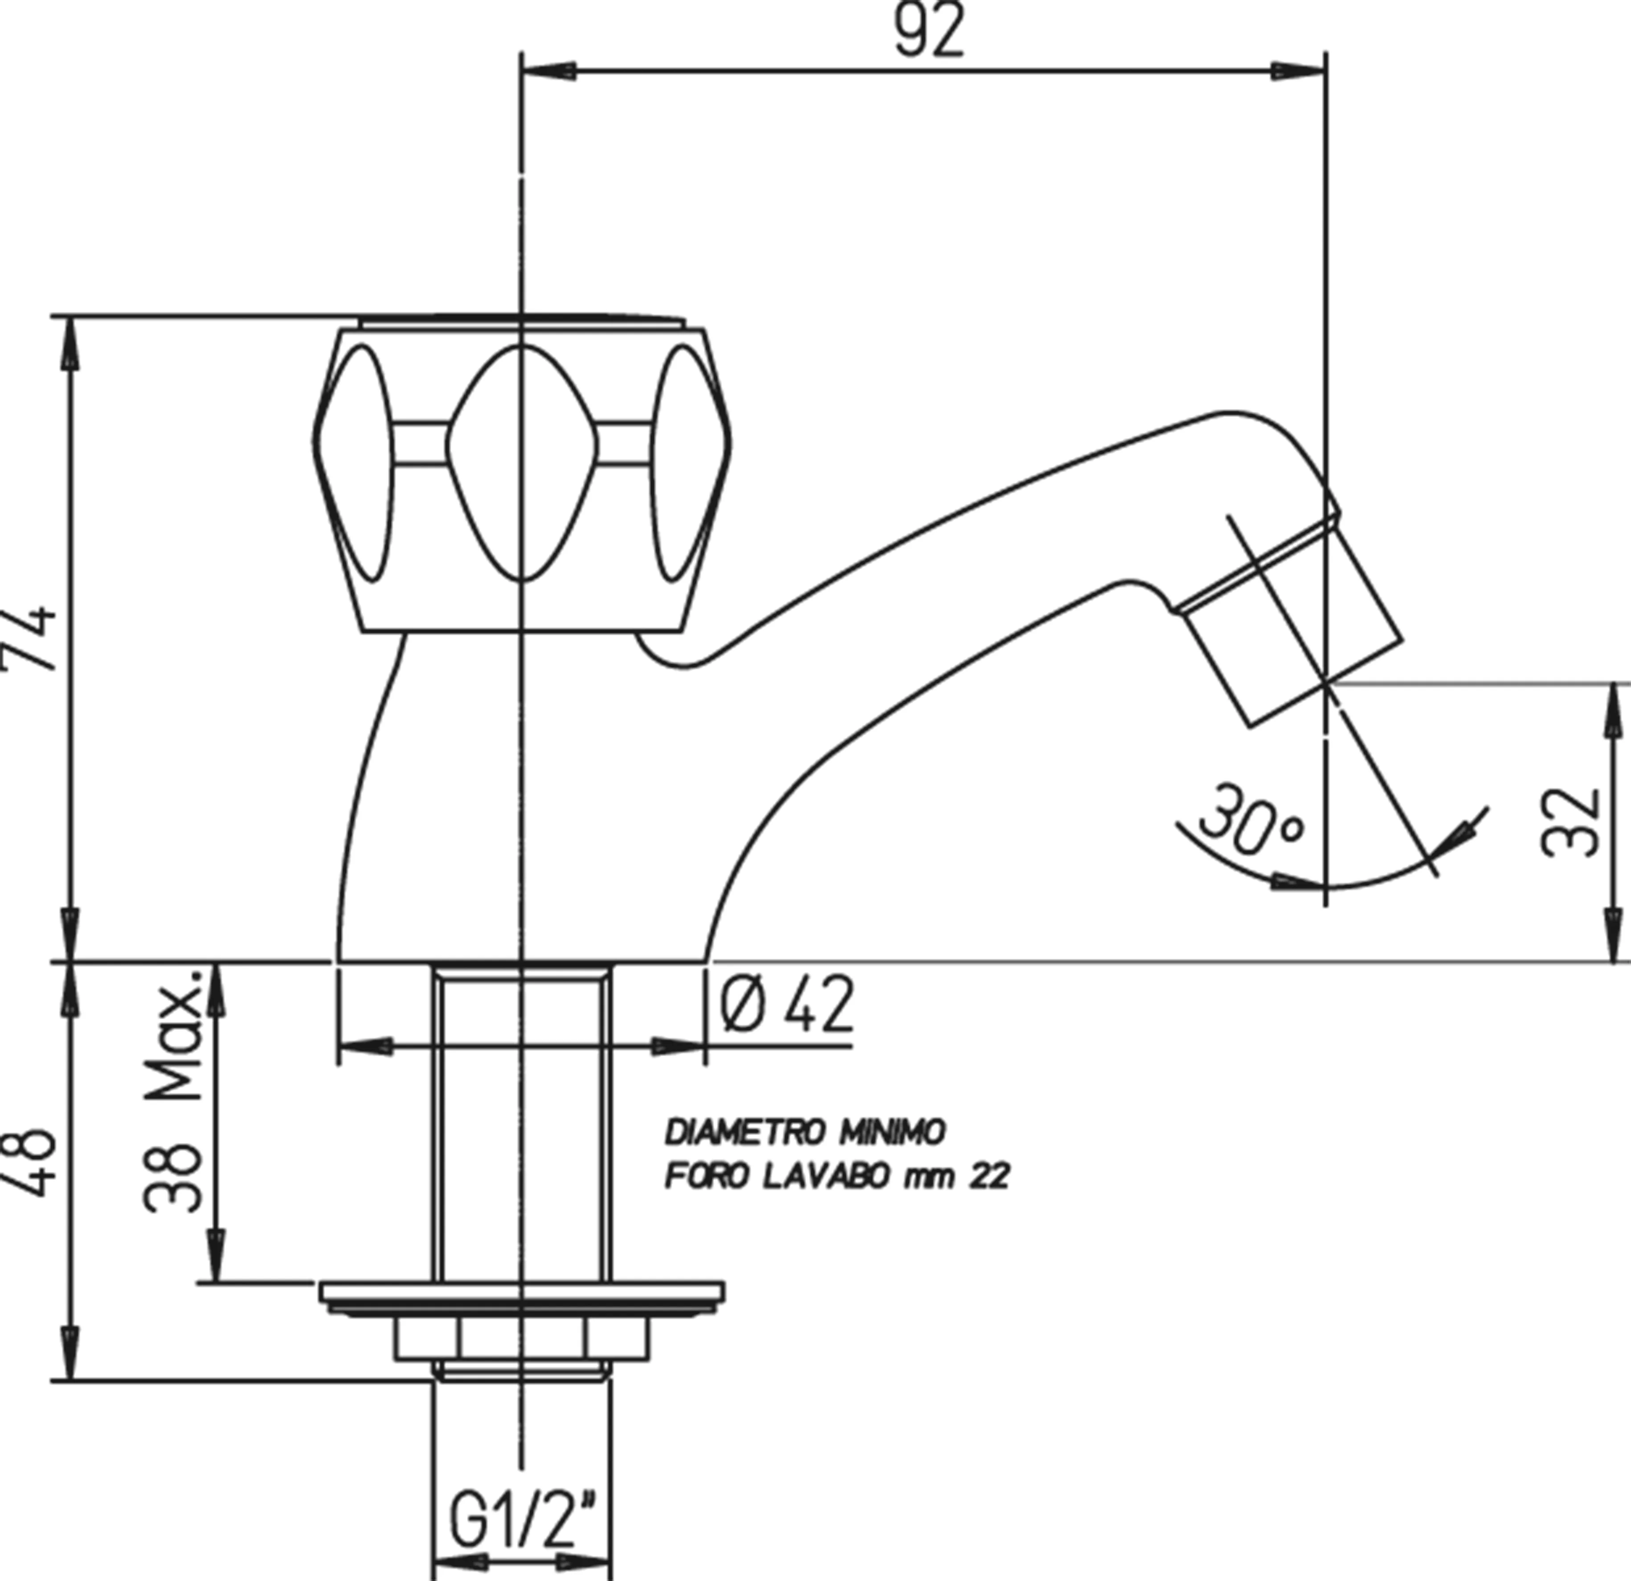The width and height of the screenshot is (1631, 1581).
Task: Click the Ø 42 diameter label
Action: pyautogui.click(x=786, y=1005)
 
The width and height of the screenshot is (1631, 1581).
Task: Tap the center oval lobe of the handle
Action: pyautogui.click(x=522, y=462)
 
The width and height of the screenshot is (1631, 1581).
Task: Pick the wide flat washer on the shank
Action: pyautogui.click(x=522, y=1291)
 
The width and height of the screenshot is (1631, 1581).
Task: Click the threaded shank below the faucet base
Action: pyautogui.click(x=522, y=1123)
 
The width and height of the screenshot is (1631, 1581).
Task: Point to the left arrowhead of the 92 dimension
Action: pyautogui.click(x=549, y=71)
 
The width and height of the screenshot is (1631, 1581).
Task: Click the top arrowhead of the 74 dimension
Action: pyautogui.click(x=73, y=345)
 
